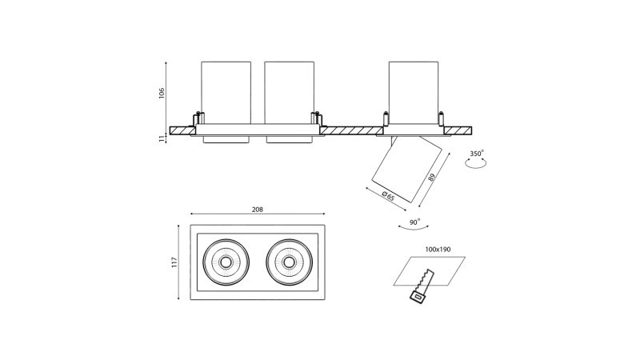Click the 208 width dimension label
(x=257, y=210)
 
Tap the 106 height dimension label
(x=162, y=93)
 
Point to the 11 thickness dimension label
(x=162, y=138)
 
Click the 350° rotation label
(x=477, y=153)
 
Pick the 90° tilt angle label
(x=414, y=222)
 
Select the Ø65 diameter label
(x=388, y=195)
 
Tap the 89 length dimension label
(x=432, y=178)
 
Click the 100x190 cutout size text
(x=438, y=250)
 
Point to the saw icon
(x=421, y=286)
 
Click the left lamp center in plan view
(x=226, y=262)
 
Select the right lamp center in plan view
(x=289, y=262)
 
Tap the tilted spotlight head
(x=406, y=170)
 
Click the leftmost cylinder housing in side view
(x=226, y=91)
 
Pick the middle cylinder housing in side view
(x=289, y=91)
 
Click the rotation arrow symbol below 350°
(x=477, y=163)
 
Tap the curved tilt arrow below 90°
(x=414, y=230)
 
